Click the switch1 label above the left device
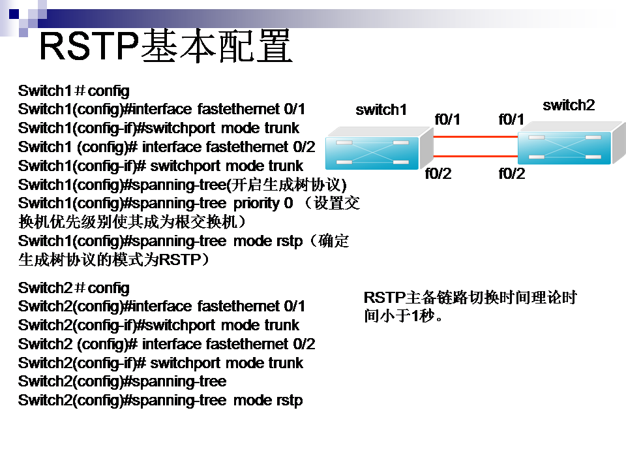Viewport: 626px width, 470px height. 381,110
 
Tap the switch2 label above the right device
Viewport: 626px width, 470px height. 569,105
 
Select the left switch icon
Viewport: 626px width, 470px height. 380,148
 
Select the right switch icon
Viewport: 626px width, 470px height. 572,143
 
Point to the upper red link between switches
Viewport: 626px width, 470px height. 475,136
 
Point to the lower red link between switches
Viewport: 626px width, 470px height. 475,156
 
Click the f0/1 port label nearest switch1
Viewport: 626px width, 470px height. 447,119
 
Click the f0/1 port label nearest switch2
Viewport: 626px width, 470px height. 511,119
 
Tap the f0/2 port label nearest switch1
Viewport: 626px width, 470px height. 438,174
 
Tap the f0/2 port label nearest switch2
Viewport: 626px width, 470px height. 512,174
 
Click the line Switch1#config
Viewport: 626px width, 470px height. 74,91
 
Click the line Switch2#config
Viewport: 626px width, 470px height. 74,288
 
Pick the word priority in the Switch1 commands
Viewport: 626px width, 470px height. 256,204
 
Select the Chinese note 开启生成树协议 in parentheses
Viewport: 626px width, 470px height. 287,185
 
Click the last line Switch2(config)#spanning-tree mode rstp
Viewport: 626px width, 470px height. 160,400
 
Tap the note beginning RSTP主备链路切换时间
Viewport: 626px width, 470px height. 470,307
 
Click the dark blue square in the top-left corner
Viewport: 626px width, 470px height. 14,14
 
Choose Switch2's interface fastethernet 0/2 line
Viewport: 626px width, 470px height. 166,344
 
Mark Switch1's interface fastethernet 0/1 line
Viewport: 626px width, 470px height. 162,109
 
